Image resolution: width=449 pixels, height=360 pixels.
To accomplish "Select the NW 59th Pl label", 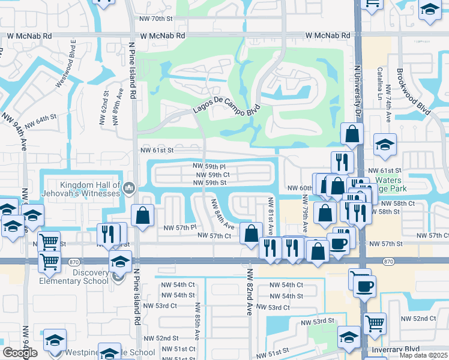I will (209, 166).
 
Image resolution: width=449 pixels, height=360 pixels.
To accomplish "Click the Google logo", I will (20, 353).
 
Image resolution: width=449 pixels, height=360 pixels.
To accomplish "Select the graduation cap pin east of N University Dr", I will (385, 144).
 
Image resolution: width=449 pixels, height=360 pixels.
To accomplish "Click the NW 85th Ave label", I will (197, 324).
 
